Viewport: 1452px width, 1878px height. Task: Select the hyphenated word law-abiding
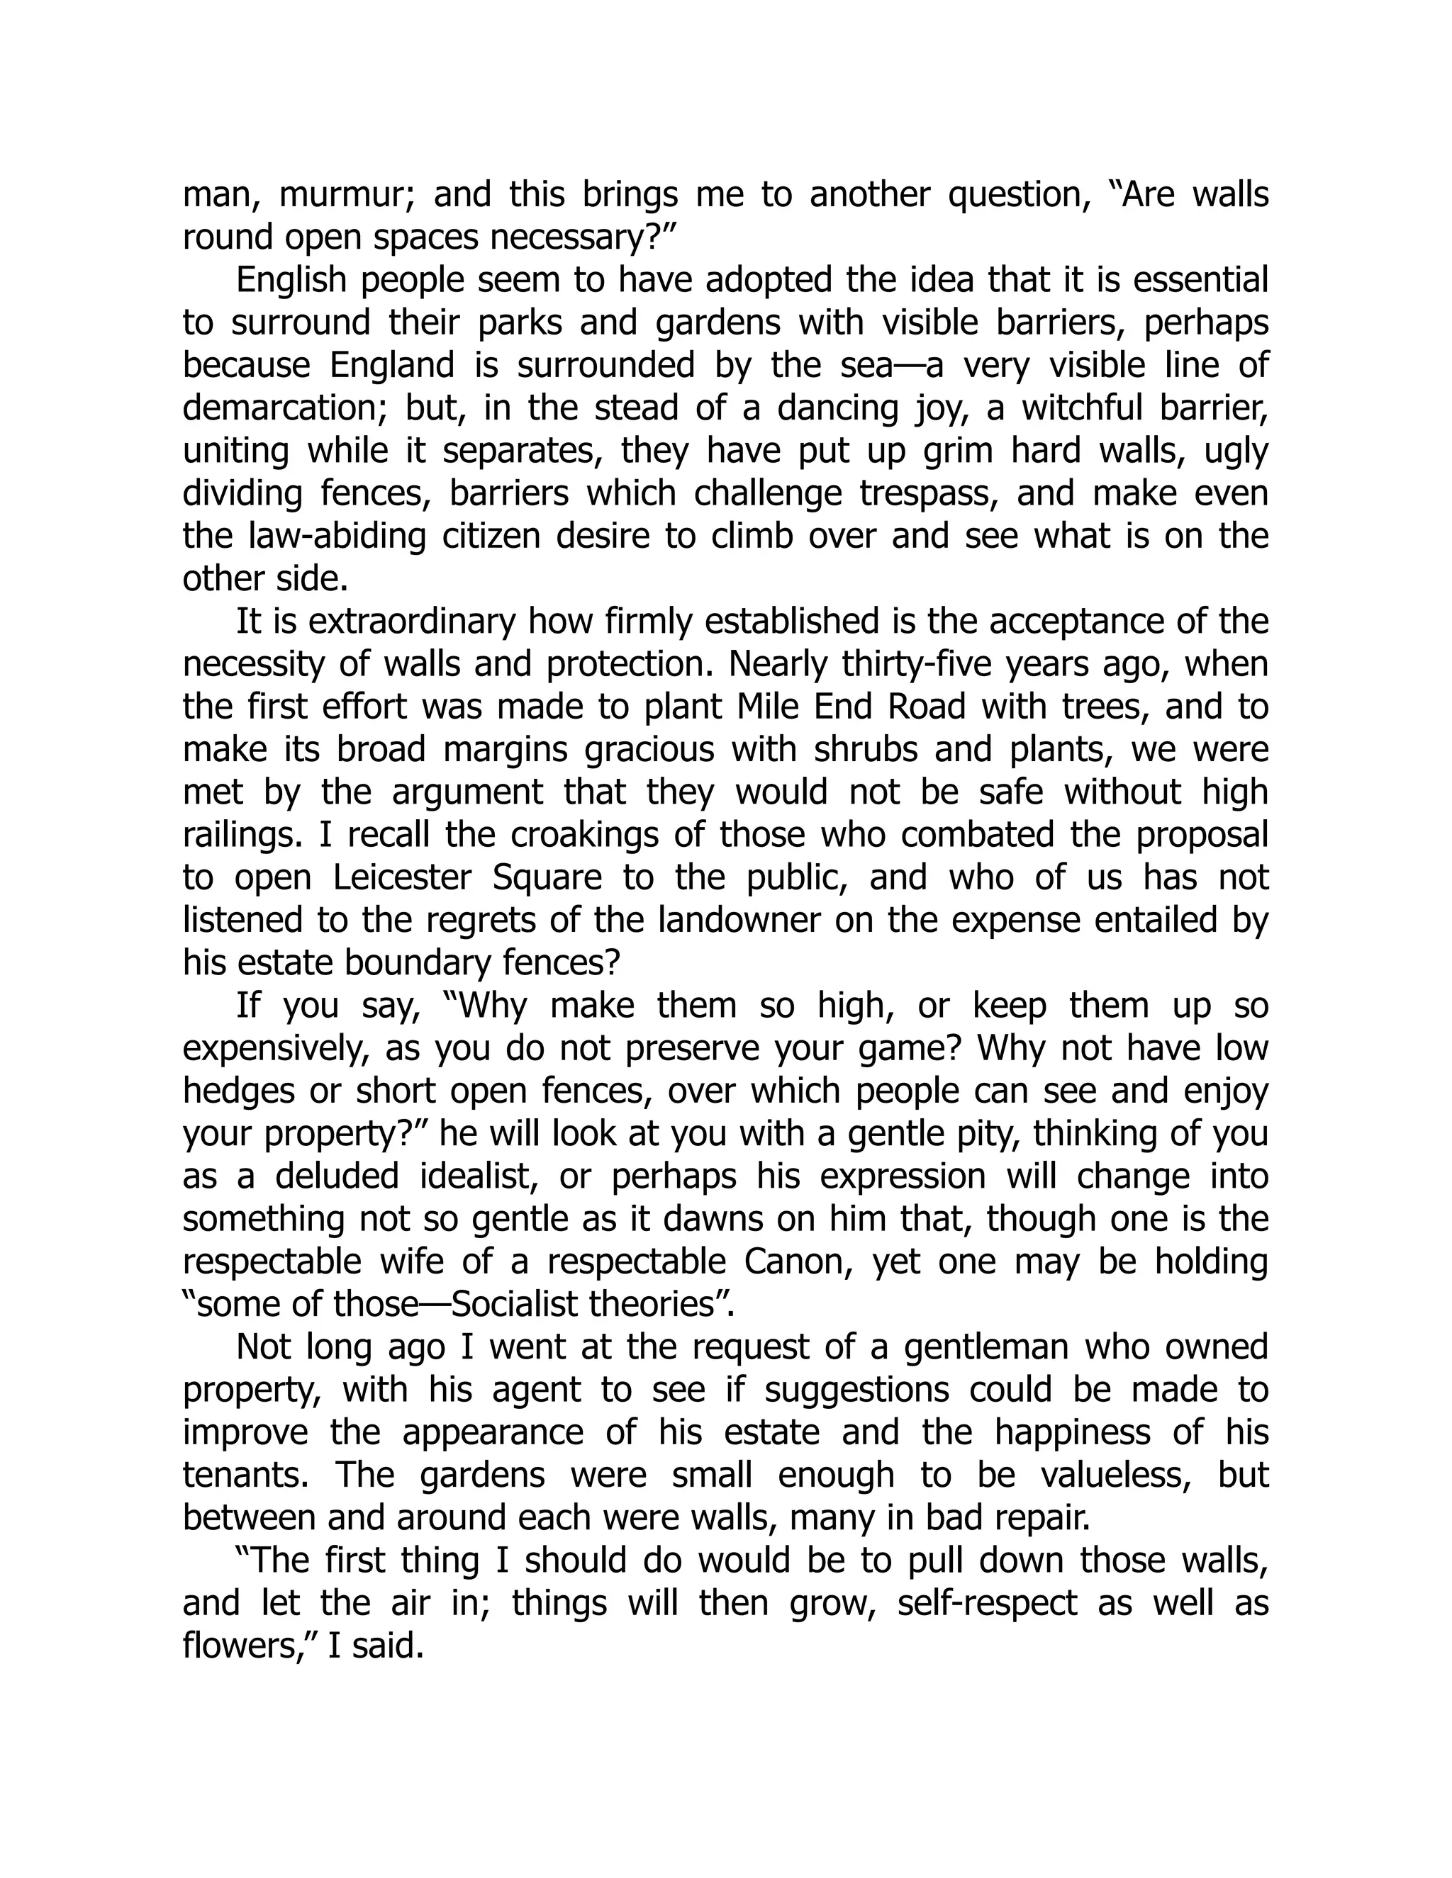click(x=330, y=536)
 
